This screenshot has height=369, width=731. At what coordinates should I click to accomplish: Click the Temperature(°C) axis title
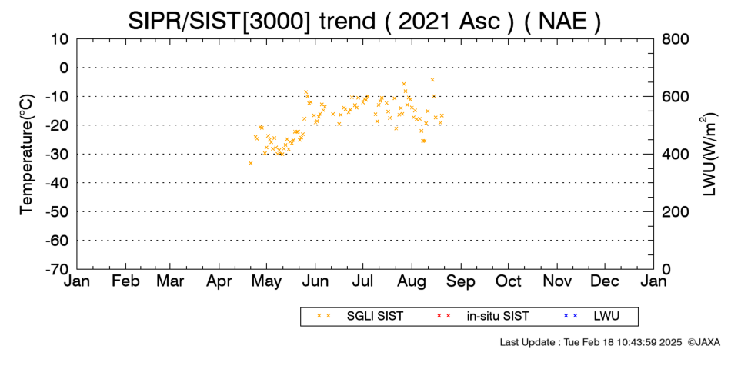tap(27, 155)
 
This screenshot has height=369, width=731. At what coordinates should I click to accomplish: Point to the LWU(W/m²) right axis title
tap(708, 155)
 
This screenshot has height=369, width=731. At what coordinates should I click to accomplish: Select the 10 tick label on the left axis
tap(60, 39)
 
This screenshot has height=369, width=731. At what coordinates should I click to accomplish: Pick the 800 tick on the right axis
tap(676, 39)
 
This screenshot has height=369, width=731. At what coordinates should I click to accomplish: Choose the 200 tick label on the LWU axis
tap(676, 212)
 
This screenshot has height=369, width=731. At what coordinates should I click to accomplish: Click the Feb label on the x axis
tap(125, 281)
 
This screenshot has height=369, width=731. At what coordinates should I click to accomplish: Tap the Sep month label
tap(461, 281)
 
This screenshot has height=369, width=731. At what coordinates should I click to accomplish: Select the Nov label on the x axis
tap(558, 281)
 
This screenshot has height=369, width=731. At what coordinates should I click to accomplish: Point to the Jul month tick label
tap(362, 281)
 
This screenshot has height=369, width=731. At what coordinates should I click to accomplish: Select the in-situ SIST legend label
tap(498, 317)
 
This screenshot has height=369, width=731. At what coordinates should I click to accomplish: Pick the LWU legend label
tap(606, 317)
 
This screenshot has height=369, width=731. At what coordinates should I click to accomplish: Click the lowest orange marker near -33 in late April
tap(251, 163)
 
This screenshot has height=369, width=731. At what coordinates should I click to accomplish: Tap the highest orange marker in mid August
tap(432, 80)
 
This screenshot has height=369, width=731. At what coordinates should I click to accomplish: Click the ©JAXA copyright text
tap(703, 342)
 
